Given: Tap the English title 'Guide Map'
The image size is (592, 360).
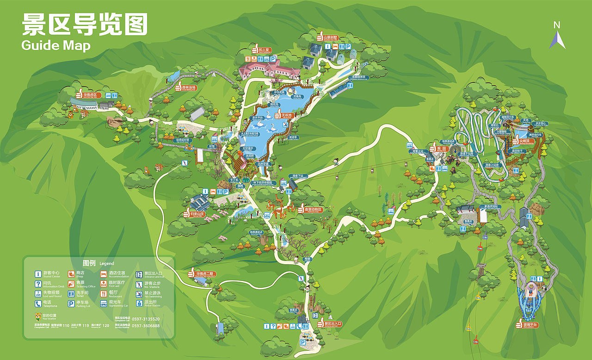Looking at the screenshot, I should coord(55,45).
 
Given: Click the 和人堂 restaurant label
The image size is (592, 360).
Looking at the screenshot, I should coord(264,50).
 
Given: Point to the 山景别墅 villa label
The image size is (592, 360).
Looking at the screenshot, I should coord(330,37).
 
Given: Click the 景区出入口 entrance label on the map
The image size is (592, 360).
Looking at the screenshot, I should coord(332,323).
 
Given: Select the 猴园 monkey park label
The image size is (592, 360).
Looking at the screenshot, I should coord(442,149).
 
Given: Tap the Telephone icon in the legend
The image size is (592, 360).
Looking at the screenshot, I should coord(38,304).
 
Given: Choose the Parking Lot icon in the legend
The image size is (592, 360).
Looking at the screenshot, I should coord(71,304).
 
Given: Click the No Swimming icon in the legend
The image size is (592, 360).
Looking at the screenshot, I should coord(139,294).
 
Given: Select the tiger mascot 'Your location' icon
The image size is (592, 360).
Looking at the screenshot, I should coord(38,316).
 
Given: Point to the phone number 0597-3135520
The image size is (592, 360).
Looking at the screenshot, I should coord(146,319).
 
